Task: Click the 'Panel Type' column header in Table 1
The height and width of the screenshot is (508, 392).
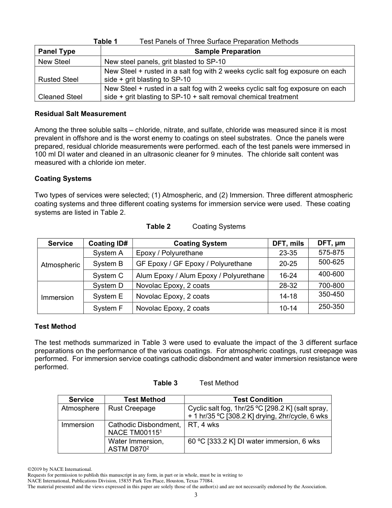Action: click(x=57, y=51)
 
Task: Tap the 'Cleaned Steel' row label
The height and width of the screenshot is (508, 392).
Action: click(x=60, y=97)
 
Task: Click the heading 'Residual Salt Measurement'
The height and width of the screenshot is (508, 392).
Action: click(x=80, y=114)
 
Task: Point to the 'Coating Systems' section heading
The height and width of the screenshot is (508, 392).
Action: click(x=63, y=179)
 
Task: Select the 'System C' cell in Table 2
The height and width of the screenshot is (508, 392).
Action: click(x=108, y=275)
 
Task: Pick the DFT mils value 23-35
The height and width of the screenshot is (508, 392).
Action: click(x=288, y=253)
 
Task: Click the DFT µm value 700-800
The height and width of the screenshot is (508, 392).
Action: click(x=331, y=285)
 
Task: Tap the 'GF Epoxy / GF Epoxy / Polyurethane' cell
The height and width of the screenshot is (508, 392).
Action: click(x=194, y=263)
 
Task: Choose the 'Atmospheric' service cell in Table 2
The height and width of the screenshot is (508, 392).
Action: click(x=60, y=265)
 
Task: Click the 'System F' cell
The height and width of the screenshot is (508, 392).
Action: click(x=108, y=308)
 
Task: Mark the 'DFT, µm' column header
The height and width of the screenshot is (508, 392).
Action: click(x=331, y=243)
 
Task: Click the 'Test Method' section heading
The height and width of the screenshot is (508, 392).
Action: click(x=55, y=326)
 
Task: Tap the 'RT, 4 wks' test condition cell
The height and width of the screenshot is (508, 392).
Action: click(x=203, y=425)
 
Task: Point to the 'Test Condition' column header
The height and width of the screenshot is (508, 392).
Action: click(x=257, y=399)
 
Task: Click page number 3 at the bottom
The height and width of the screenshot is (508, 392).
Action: click(x=196, y=495)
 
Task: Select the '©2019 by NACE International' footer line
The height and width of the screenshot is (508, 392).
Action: click(x=60, y=469)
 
